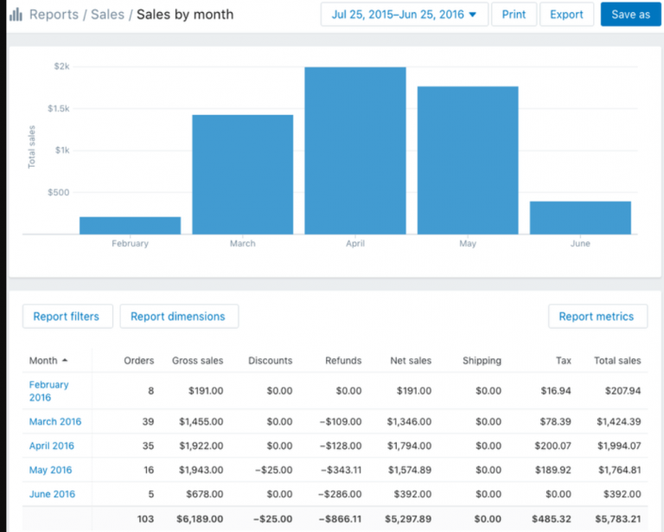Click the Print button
[x=514, y=15]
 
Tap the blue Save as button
[x=630, y=15]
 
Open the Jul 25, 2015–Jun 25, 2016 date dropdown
[x=404, y=15]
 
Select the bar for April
[x=354, y=151]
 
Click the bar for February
[x=130, y=225]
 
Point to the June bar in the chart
[x=580, y=217]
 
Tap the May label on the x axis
[x=468, y=244]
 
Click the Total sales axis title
[x=32, y=146]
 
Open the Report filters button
[x=67, y=317]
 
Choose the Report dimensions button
[x=178, y=317]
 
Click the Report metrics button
[x=597, y=317]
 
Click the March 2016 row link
[x=55, y=422]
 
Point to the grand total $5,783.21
[x=618, y=519]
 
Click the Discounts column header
[x=270, y=361]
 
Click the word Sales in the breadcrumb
[x=108, y=15]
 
